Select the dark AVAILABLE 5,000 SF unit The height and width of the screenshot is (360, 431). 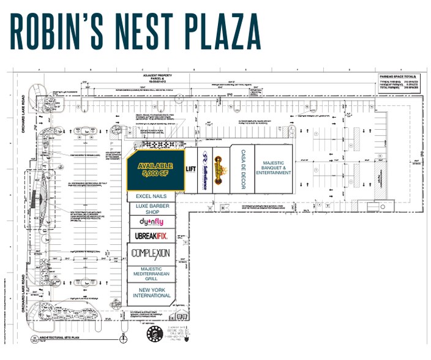tap(155, 170)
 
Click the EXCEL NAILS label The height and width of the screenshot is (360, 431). tap(152, 196)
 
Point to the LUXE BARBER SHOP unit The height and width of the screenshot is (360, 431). tap(152, 209)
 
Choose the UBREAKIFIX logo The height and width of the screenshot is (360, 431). tap(152, 236)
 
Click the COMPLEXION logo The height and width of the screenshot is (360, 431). tap(152, 253)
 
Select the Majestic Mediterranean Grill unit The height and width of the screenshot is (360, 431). tap(152, 274)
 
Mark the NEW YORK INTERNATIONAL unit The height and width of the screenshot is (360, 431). tap(152, 293)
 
